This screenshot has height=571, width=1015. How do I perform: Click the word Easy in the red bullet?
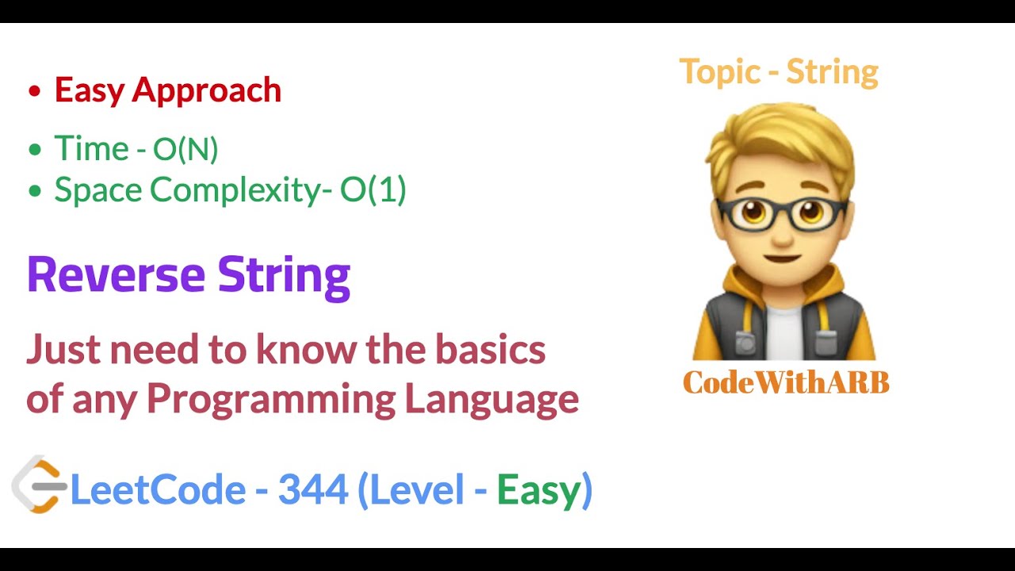pos(90,90)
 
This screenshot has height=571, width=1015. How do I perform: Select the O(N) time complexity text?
pos(186,149)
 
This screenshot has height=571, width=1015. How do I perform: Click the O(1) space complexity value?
pos(373,190)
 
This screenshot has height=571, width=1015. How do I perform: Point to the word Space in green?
pos(98,191)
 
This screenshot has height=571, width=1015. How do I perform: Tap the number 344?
pos(313,490)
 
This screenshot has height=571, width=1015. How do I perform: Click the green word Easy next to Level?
pos(540,490)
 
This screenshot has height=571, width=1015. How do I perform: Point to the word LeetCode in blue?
pos(158,490)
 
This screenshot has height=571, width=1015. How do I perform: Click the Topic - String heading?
pos(779,72)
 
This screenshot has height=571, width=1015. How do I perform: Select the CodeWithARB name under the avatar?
pos(785,383)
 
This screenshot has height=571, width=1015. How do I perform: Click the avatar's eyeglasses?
pos(781,213)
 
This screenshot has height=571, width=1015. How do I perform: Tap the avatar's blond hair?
pos(781,135)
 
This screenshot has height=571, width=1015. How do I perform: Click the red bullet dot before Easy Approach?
pos(33,91)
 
